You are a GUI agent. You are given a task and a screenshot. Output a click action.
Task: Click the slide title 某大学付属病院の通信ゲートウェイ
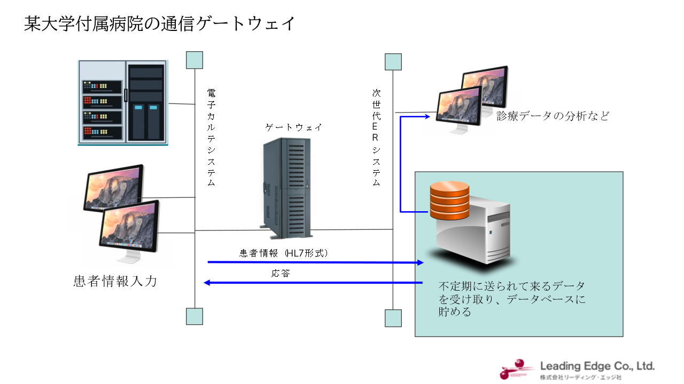point(159,23)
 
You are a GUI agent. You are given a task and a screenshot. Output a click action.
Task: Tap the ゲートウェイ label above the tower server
point(293,127)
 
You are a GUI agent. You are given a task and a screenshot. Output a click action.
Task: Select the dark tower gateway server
point(286,188)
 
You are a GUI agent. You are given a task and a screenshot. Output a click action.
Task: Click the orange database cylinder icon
point(449,200)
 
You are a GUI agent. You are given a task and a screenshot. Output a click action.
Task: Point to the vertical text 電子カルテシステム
point(211,138)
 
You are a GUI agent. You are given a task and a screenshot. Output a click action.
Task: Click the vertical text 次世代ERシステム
point(376,138)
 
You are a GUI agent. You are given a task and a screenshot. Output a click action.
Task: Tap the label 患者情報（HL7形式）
point(283,253)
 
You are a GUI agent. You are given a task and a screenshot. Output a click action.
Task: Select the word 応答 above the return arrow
point(281,274)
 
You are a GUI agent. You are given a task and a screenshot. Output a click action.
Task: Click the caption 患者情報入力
point(115,281)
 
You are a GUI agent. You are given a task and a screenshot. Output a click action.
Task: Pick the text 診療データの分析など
point(553,116)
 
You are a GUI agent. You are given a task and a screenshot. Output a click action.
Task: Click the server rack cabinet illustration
point(123,103)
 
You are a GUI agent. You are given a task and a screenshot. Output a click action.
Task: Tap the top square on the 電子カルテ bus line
point(195,60)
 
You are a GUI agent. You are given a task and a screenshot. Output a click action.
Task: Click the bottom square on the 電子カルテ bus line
point(195,316)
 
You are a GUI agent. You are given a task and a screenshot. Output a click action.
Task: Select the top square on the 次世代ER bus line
point(393,62)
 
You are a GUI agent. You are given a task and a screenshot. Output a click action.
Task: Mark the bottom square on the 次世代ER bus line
point(393,318)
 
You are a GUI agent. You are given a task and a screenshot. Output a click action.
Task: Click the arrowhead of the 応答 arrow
point(207,283)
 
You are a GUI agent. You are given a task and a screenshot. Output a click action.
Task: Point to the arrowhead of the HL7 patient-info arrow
point(421,262)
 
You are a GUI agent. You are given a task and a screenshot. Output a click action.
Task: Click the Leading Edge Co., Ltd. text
point(597,366)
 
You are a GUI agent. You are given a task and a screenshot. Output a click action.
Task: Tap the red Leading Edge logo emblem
point(517,369)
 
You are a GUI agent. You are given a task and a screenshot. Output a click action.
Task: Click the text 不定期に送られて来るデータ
point(511,286)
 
